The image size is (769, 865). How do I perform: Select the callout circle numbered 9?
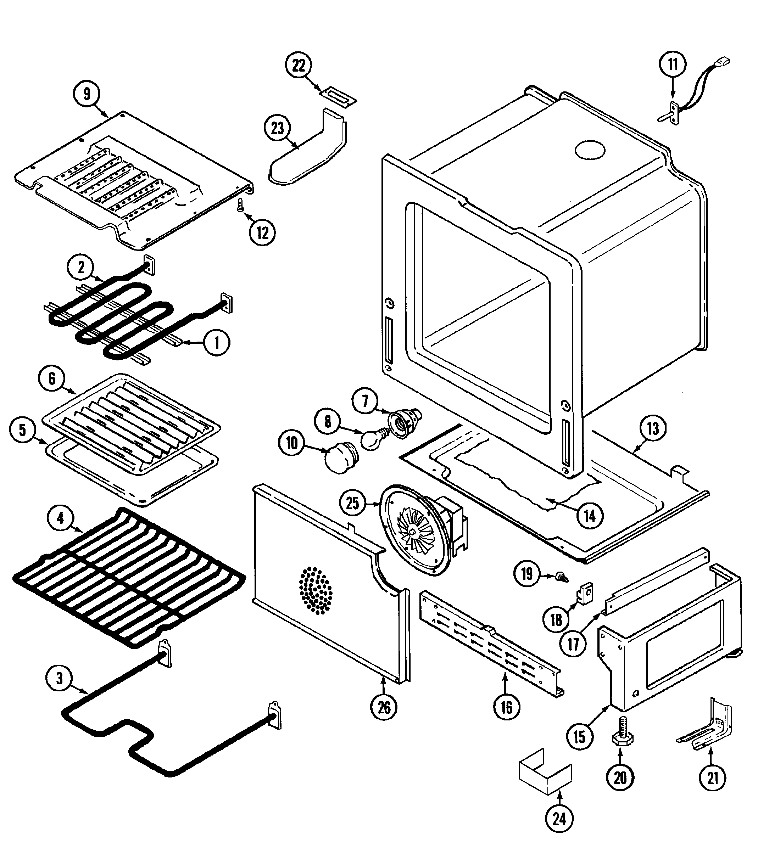click(87, 94)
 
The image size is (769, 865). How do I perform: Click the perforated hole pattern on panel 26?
click(315, 590)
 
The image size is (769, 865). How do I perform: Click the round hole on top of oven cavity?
click(590, 150)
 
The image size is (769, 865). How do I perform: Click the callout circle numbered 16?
click(506, 708)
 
